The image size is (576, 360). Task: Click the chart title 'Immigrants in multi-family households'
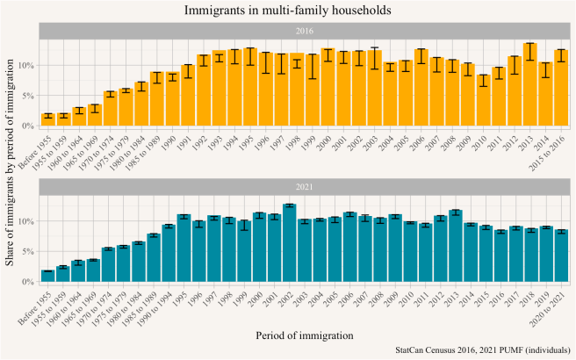(x=288, y=10)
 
